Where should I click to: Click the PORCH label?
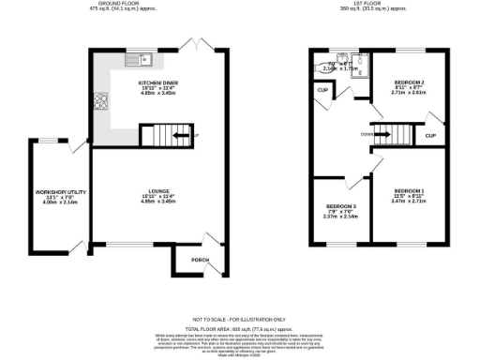[200, 261]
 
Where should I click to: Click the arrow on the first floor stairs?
[381, 132]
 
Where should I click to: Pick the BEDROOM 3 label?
[341, 205]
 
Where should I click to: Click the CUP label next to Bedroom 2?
[430, 137]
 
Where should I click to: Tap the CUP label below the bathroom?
[322, 90]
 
